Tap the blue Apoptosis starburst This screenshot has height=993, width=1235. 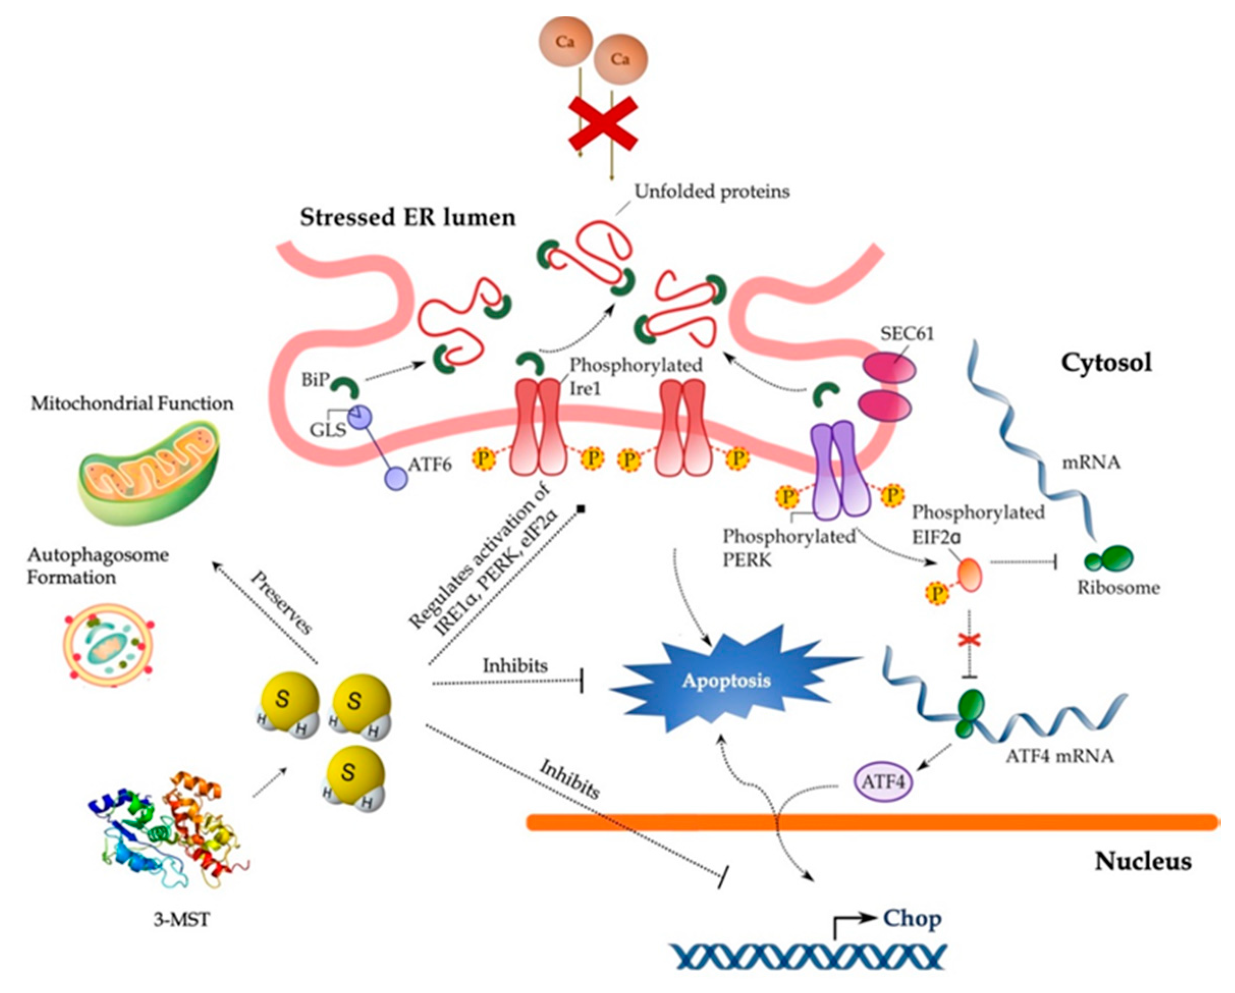point(726,681)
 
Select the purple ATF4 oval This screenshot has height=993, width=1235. point(883,781)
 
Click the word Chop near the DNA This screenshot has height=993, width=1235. point(912,919)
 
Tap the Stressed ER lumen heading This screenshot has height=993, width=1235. point(407,218)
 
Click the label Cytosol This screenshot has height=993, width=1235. point(1106,362)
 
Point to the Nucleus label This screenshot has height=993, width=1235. point(1143,861)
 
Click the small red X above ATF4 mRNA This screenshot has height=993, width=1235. point(969,639)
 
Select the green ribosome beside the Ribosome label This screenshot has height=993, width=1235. point(1111,558)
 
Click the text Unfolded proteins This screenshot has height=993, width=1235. point(711,191)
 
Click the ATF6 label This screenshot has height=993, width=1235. point(430,464)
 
